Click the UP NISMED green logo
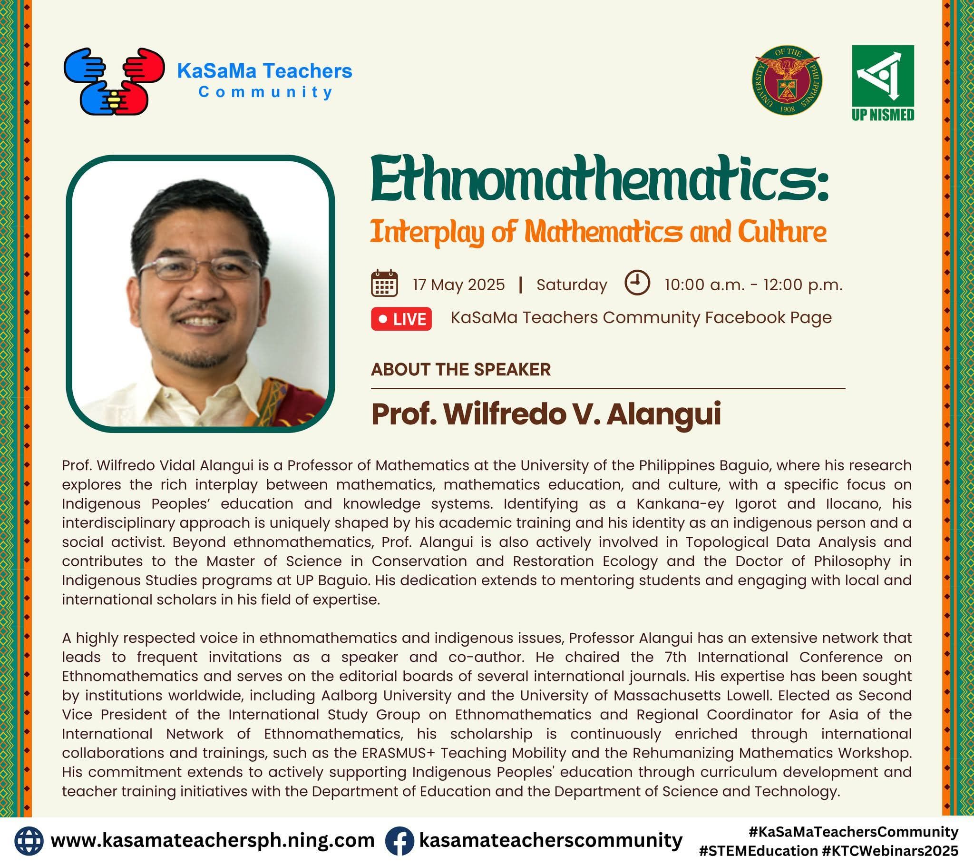tap(883, 83)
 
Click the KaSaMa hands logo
tap(114, 81)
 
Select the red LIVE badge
tap(401, 319)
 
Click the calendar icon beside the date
tap(384, 283)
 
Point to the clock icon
tap(637, 283)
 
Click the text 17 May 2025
tap(458, 285)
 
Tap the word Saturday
tap(572, 285)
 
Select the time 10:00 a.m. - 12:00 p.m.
tap(753, 285)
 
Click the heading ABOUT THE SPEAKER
tap(461, 370)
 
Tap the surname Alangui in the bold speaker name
tap(663, 414)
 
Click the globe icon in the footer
tap(29, 840)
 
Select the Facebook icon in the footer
tap(399, 840)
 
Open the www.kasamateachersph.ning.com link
tap(213, 840)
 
